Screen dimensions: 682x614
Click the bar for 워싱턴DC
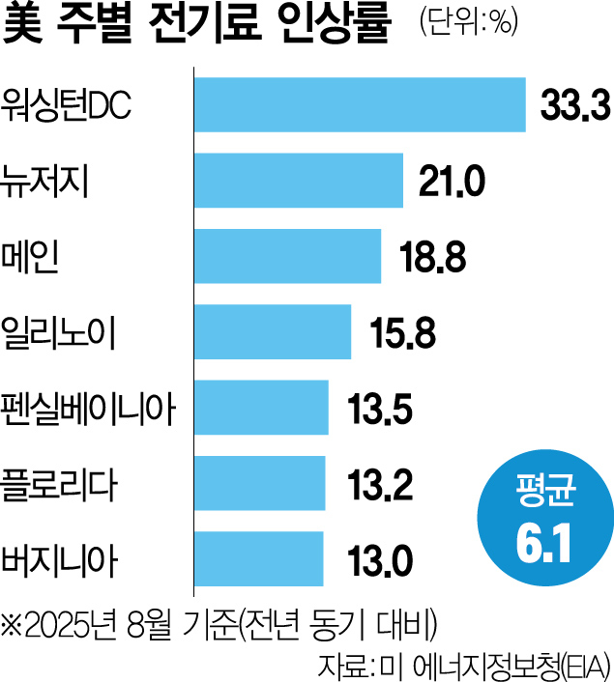(x=360, y=103)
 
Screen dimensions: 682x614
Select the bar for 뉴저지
(x=299, y=180)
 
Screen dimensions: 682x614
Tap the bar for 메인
(x=287, y=255)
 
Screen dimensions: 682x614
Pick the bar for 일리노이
(x=273, y=331)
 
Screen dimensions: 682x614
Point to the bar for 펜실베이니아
(x=262, y=407)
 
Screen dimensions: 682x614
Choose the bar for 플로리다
(x=260, y=483)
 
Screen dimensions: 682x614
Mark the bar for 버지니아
(x=259, y=558)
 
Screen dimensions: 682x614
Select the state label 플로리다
(x=60, y=483)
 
